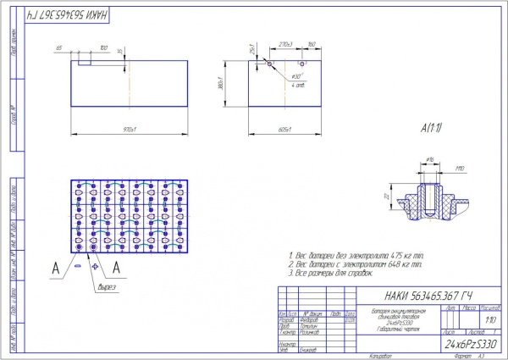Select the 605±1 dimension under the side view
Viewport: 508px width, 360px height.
click(x=284, y=130)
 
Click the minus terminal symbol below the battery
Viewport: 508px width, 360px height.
click(x=79, y=266)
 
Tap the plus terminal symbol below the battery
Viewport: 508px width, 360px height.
click(x=96, y=266)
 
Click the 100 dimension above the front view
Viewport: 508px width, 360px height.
click(x=103, y=47)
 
